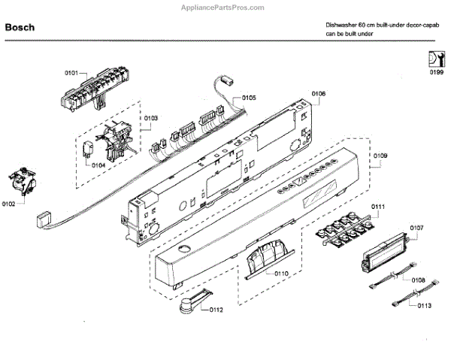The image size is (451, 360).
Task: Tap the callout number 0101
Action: point(71,73)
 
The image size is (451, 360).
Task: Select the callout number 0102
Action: point(9,204)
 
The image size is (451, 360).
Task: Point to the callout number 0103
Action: point(151,118)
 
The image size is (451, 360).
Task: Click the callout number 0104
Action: point(98,165)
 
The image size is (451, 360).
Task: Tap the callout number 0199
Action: point(436,73)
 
